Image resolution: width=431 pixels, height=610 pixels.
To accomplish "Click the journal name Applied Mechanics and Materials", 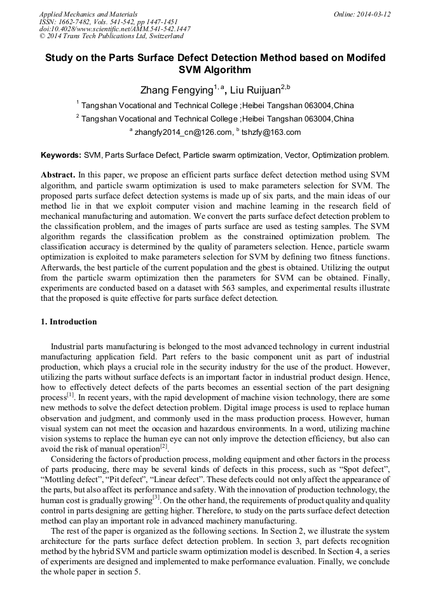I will point(88,14).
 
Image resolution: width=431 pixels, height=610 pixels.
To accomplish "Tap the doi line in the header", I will point(114,29).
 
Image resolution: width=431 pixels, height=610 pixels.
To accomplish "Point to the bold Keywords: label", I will point(61,155).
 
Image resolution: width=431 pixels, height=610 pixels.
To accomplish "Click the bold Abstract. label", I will point(58,175).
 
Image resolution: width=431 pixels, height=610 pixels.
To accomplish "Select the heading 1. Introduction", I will point(69,322).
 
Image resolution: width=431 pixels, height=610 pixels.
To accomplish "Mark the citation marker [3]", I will point(156,498).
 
